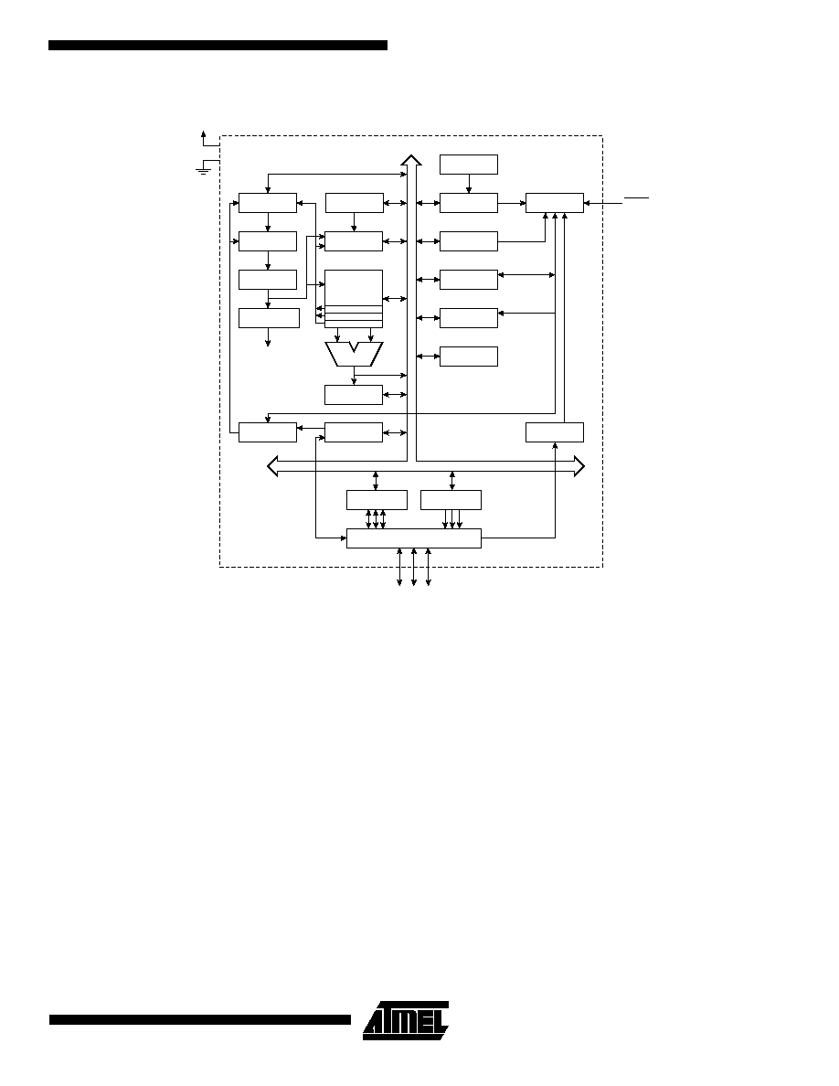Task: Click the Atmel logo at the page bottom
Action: click(x=406, y=1020)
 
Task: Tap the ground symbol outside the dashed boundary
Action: click(x=204, y=169)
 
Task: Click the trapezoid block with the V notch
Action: click(x=354, y=354)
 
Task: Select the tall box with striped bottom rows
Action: click(x=354, y=299)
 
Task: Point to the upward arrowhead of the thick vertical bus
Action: click(x=411, y=160)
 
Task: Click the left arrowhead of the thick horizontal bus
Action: click(x=272, y=467)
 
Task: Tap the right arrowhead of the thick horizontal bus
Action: click(x=579, y=467)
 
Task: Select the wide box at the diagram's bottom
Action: click(x=413, y=538)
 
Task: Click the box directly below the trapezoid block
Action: click(x=354, y=395)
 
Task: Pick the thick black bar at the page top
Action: click(x=218, y=45)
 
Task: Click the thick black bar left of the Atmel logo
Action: click(x=200, y=1019)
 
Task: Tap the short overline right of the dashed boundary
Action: click(x=636, y=198)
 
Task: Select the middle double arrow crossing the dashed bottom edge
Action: click(x=414, y=568)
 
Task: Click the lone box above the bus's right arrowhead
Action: click(x=555, y=432)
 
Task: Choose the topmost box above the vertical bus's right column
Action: click(x=469, y=165)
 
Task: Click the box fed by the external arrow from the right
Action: click(x=555, y=203)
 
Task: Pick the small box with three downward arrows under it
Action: click(x=451, y=500)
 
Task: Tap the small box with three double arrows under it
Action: click(x=377, y=500)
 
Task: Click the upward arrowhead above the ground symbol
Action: click(x=203, y=133)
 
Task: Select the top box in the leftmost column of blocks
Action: click(x=268, y=203)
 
